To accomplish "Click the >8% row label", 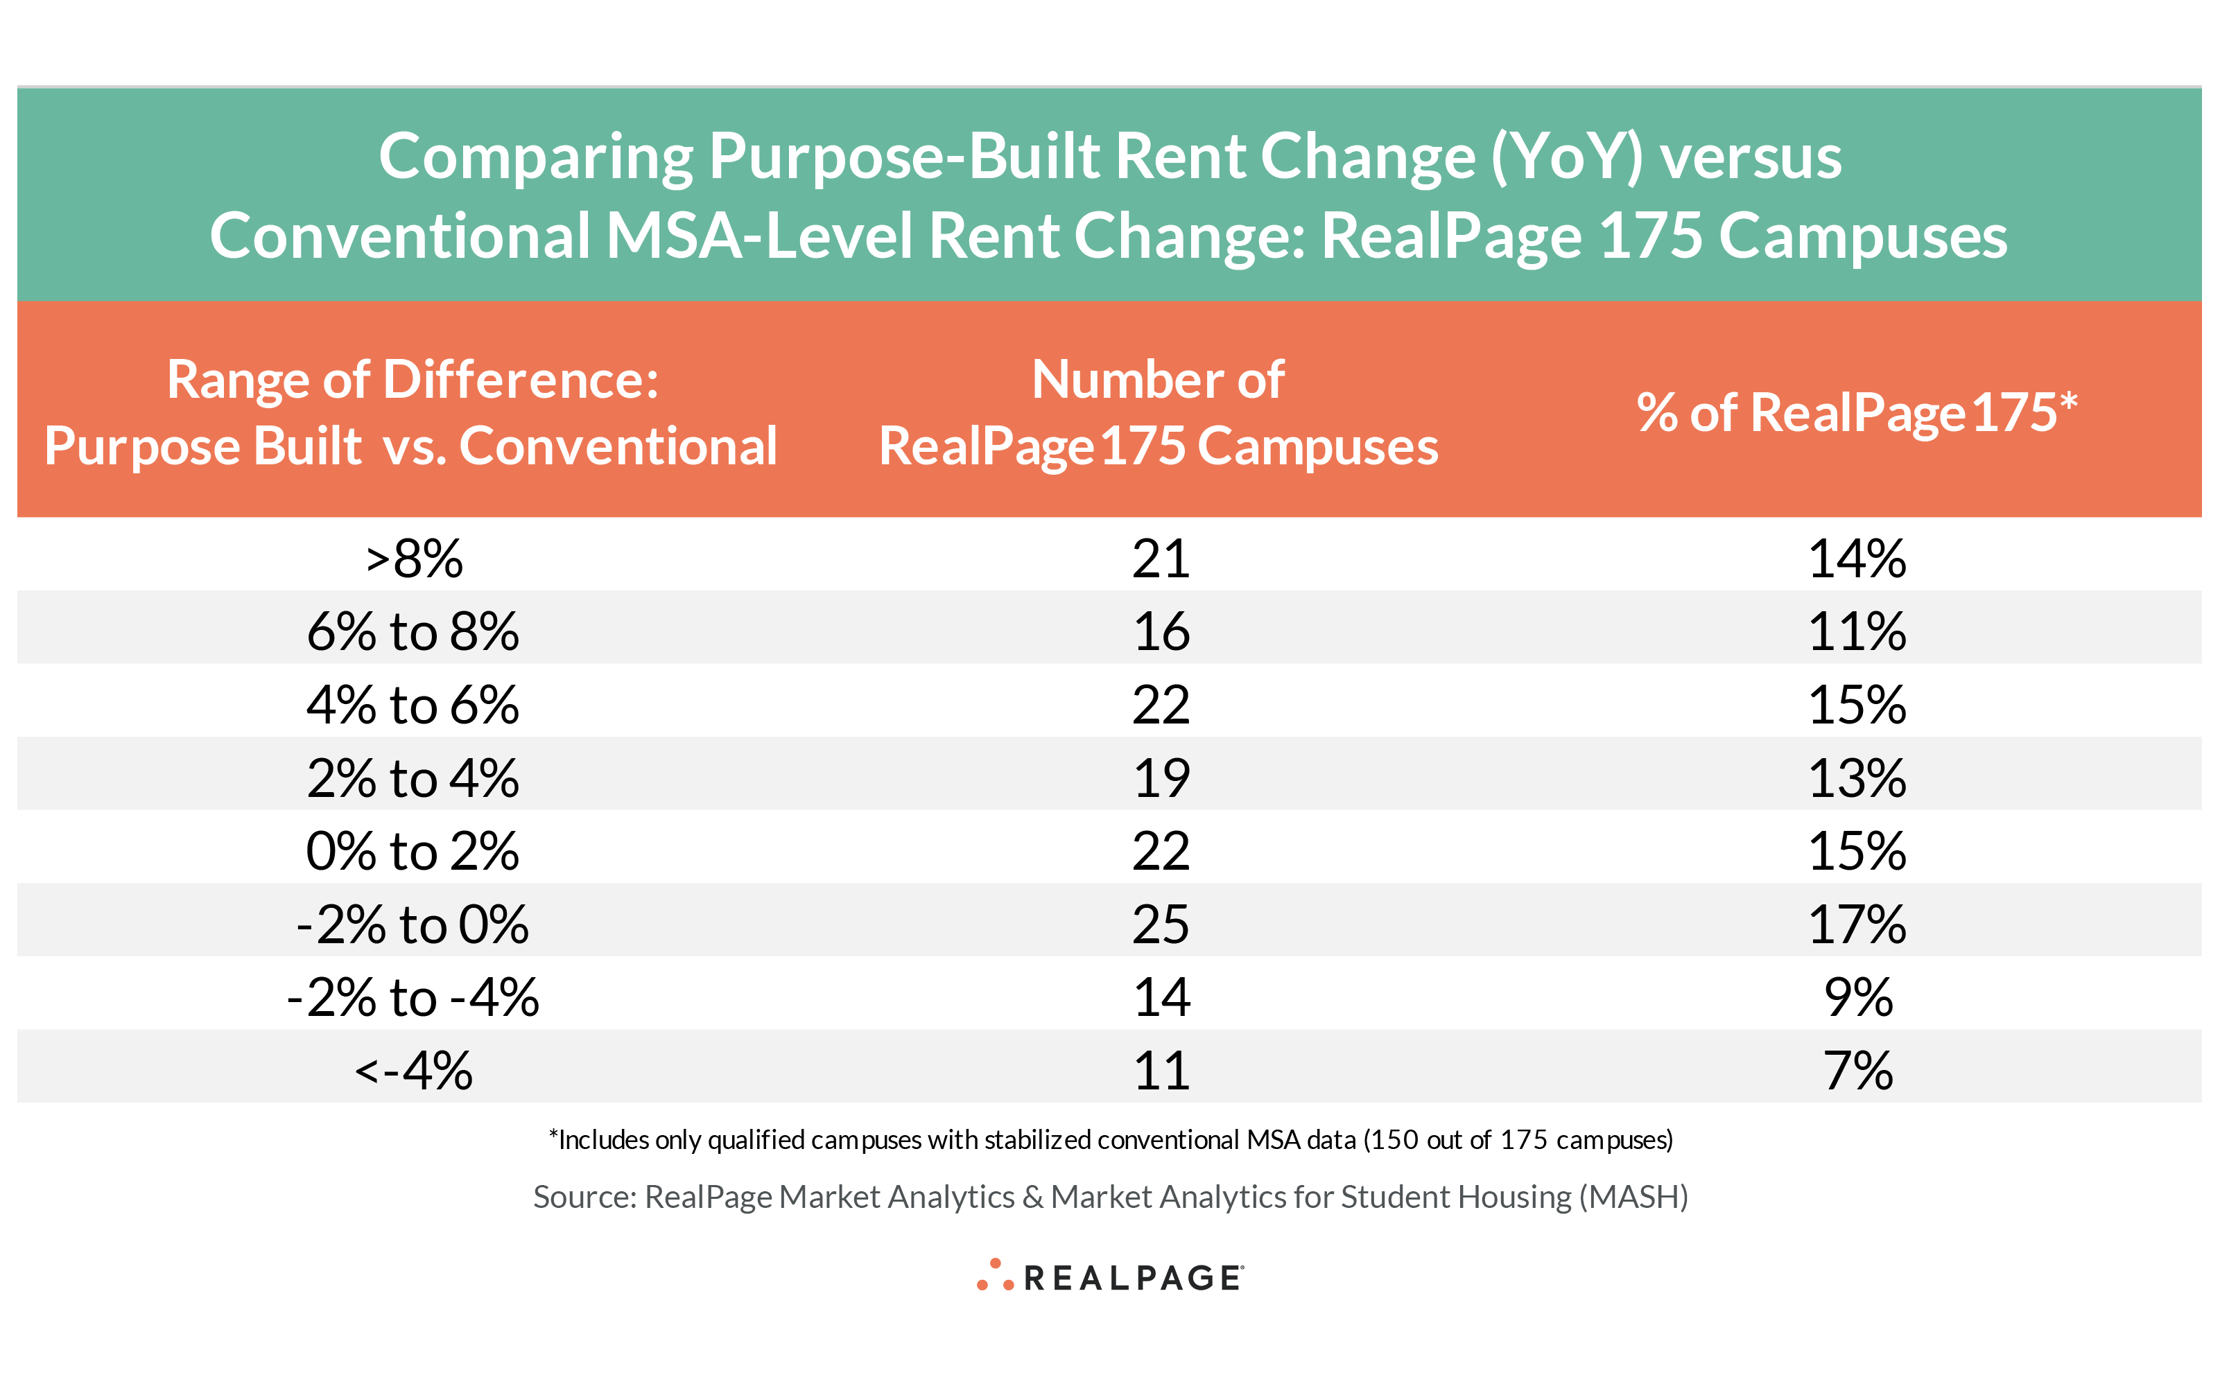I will tap(415, 559).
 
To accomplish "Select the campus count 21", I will tap(1161, 559).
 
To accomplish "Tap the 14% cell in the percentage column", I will tap(1857, 559).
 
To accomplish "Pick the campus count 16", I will tap(1161, 631).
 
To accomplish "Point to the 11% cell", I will tap(1857, 631).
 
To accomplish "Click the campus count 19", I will tap(1161, 779).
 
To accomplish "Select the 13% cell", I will tap(1857, 779).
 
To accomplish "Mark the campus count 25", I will tap(1161, 925).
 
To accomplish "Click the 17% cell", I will tap(1857, 925).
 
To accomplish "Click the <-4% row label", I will tap(415, 1071).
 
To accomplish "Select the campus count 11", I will tap(1161, 1071).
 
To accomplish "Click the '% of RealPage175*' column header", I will tap(1857, 412).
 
